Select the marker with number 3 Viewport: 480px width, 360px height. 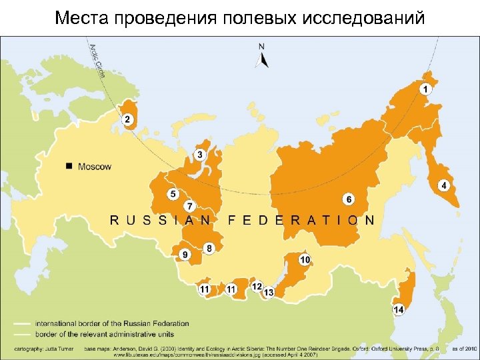tap(200, 155)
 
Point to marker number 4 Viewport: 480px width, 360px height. tap(443, 185)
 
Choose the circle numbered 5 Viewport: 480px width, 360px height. tap(173, 194)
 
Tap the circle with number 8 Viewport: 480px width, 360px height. tap(209, 248)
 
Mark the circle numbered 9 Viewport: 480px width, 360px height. tap(185, 254)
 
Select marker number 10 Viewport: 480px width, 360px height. tap(305, 259)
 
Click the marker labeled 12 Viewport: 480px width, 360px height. tap(257, 286)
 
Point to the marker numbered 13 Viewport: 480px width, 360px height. tap(269, 292)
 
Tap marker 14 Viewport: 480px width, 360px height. tap(399, 309)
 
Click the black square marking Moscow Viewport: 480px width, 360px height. tap(69, 166)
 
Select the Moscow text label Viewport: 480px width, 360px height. tap(95, 167)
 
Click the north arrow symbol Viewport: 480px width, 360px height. tap(262, 57)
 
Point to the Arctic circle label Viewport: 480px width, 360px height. tap(96, 59)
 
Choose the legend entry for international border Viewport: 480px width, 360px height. tap(111, 323)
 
